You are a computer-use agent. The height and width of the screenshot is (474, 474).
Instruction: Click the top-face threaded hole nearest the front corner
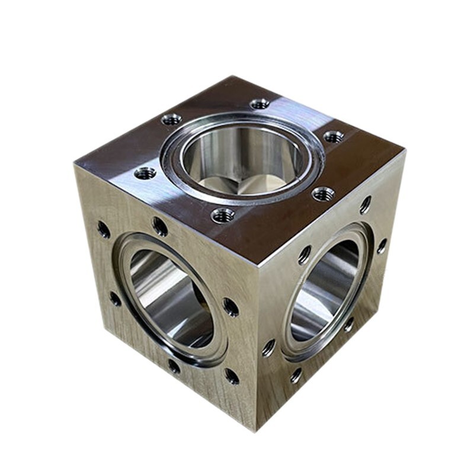(x=223, y=215)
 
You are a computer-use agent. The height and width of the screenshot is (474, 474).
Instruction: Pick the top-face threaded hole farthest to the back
(x=260, y=104)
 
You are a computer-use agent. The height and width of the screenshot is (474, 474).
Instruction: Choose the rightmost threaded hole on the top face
(x=334, y=137)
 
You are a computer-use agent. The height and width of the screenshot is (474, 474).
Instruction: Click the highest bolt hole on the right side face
(x=365, y=204)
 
